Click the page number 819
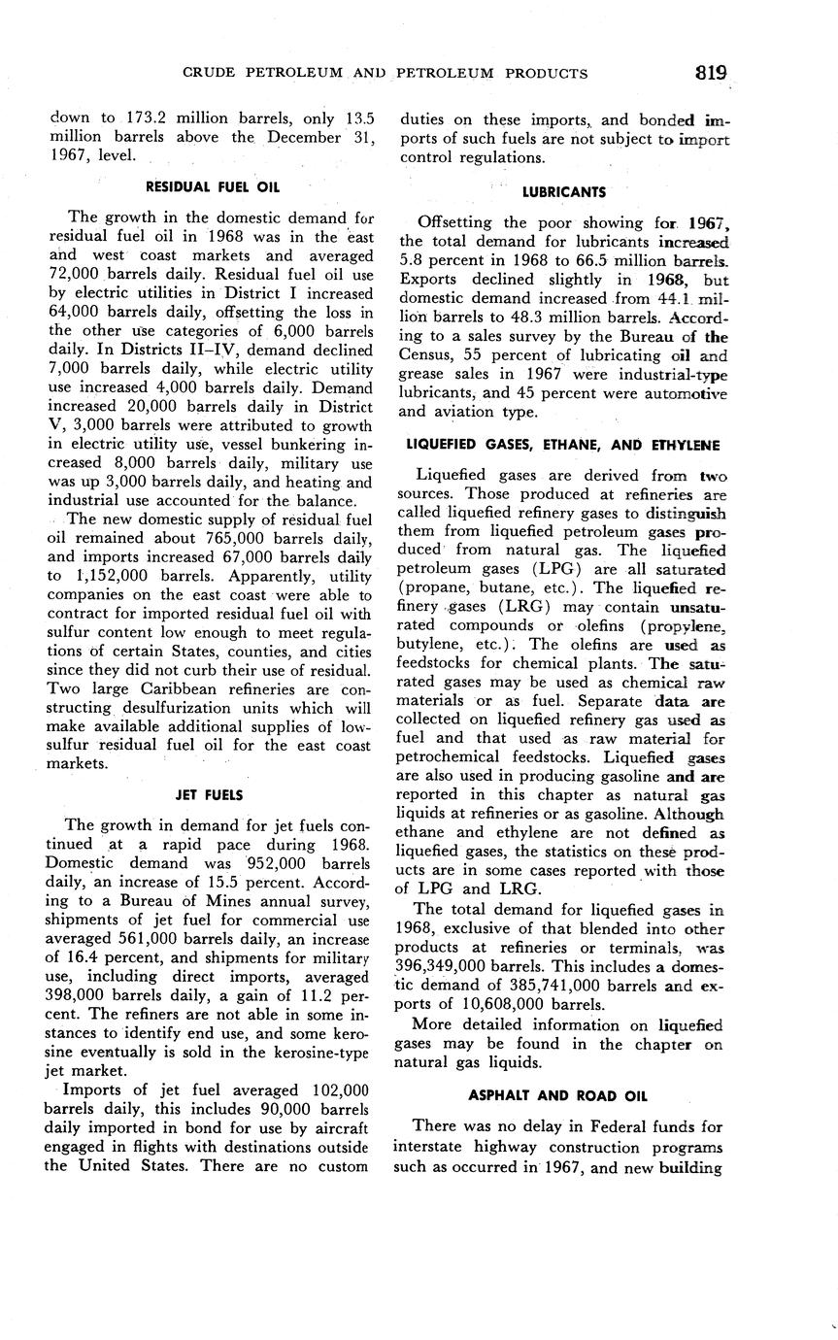coord(711,73)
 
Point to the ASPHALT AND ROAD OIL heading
coord(557,1095)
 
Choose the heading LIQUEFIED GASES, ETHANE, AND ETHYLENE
coord(562,445)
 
